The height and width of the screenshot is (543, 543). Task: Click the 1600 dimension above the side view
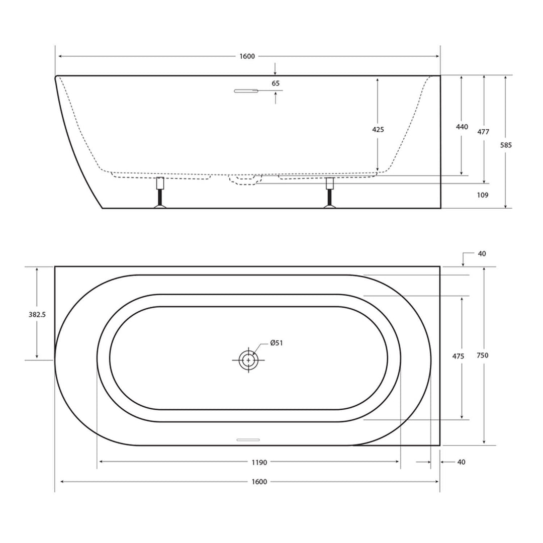click(x=247, y=56)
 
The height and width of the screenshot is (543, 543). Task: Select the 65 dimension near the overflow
click(x=276, y=83)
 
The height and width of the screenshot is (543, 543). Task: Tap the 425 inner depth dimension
click(x=378, y=130)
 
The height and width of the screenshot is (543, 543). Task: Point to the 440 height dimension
click(x=462, y=127)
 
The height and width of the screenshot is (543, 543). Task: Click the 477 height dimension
click(x=483, y=132)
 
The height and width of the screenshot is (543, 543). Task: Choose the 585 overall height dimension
click(x=506, y=145)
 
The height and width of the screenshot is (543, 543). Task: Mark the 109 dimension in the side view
click(x=482, y=195)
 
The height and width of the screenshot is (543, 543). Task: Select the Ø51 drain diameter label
click(x=277, y=343)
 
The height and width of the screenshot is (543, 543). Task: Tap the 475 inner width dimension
click(x=458, y=356)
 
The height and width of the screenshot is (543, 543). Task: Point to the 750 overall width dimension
click(x=483, y=355)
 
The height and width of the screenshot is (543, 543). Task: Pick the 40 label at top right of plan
click(x=482, y=254)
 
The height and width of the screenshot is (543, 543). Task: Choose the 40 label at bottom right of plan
click(x=461, y=462)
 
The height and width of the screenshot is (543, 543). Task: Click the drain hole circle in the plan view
click(x=248, y=360)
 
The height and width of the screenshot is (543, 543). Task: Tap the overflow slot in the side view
click(x=246, y=91)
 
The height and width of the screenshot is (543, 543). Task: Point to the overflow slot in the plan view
click(x=248, y=440)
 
